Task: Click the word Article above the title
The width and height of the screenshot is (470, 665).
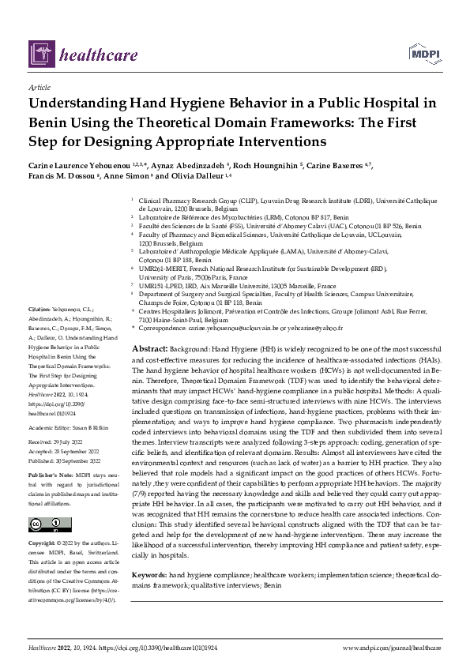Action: tap(39, 88)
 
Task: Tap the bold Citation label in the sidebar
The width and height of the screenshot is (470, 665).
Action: tap(39, 309)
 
